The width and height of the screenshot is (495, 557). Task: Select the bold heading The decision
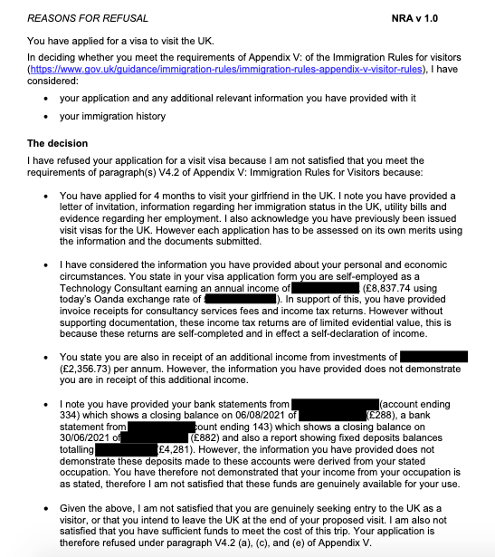(x=56, y=143)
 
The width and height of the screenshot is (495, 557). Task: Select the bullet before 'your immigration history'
(x=47, y=117)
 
